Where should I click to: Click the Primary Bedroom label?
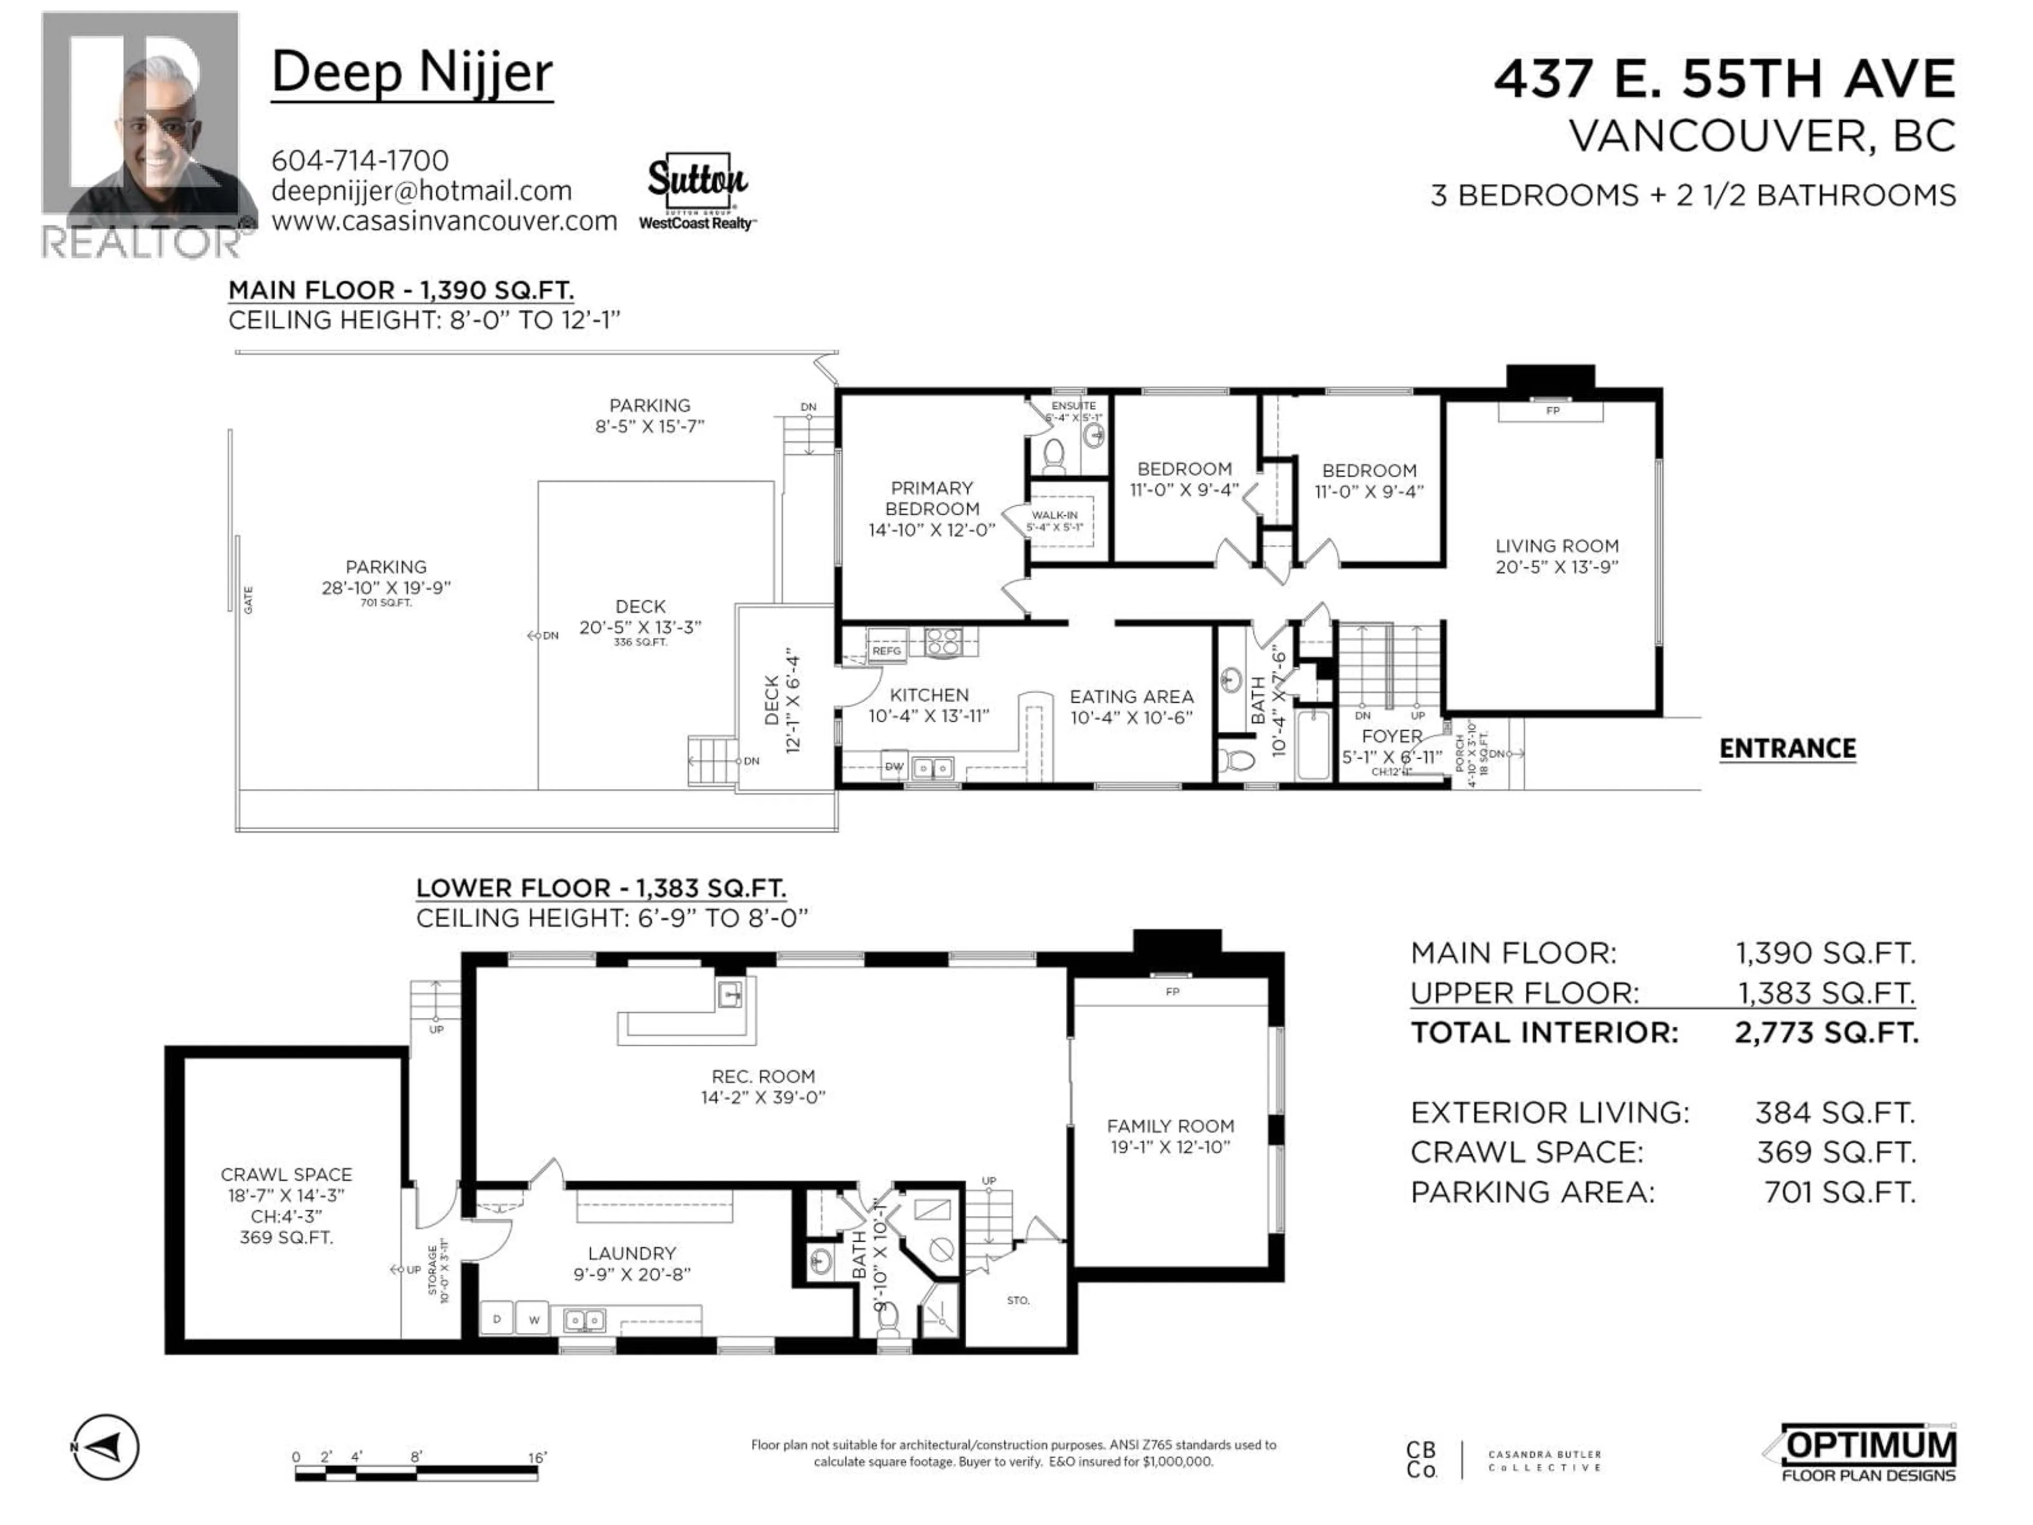[x=931, y=498]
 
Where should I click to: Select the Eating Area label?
[x=1131, y=697]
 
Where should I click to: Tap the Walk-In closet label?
[x=1054, y=516]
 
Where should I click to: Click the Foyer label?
[x=1391, y=737]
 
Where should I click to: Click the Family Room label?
[x=1170, y=1126]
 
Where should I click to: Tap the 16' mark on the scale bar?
[x=537, y=1458]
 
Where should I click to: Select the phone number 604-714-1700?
[x=359, y=161]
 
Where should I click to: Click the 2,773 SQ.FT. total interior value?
[x=1825, y=1033]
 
